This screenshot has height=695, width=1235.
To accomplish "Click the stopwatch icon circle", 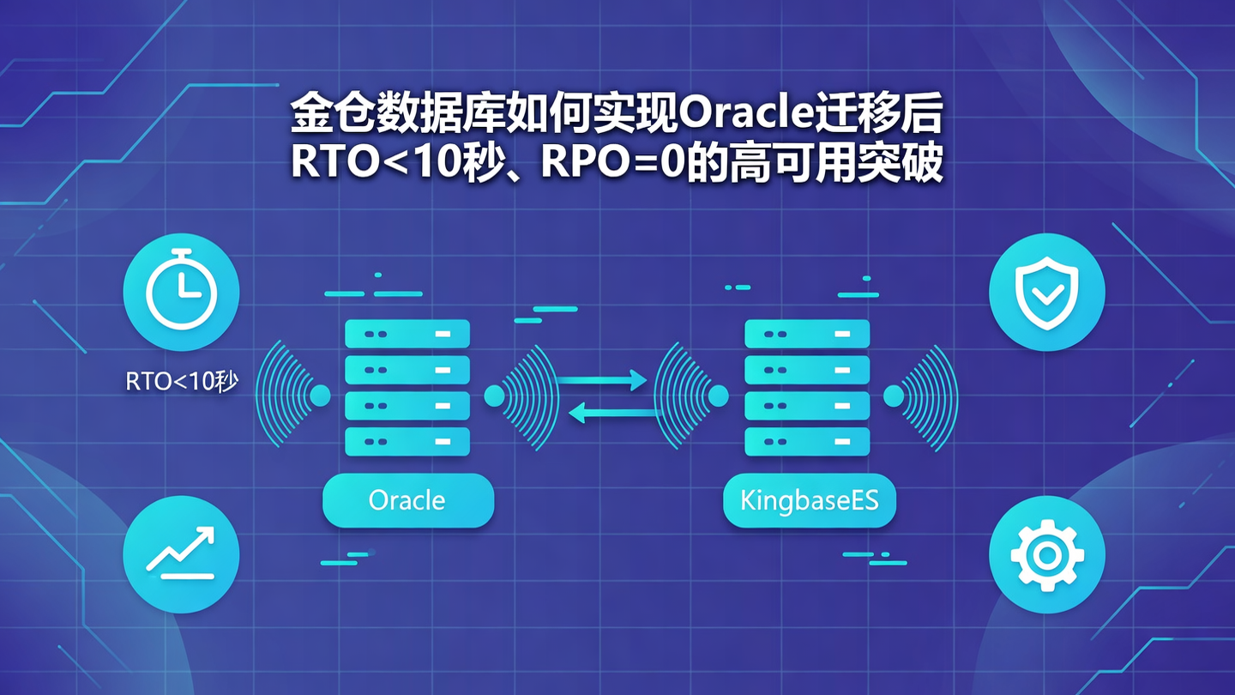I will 181,292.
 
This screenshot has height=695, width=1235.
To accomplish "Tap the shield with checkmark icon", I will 1046,292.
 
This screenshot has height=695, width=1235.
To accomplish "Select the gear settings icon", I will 1046,554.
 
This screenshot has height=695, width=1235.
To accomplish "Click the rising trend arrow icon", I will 181,554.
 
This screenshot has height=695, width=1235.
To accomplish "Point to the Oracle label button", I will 407,500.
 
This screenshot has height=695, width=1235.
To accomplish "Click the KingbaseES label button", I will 809,500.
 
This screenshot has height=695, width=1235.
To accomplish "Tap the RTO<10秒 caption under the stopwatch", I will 181,382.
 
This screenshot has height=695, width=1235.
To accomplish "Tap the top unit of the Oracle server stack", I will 407,334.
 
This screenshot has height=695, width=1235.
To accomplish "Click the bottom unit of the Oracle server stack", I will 407,441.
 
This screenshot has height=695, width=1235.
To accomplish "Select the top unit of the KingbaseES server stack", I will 807,334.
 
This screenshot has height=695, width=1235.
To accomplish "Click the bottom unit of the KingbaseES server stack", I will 807,441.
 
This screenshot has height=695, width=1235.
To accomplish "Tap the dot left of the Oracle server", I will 320,396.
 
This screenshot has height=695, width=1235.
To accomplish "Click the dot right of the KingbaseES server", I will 894,396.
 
